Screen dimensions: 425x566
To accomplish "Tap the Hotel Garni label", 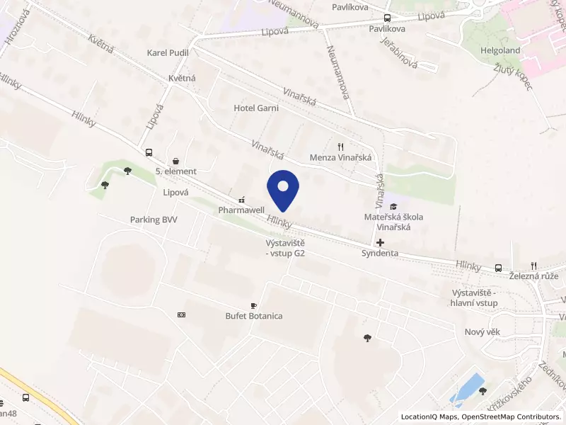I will pos(256,108).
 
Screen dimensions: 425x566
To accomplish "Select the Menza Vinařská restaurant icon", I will pos(341,146).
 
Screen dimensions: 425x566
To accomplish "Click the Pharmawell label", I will pos(241,210).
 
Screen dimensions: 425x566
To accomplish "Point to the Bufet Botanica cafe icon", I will pos(254,305).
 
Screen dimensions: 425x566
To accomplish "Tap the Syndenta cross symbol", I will pos(380,242).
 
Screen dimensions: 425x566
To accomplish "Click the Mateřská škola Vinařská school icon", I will pos(393,205).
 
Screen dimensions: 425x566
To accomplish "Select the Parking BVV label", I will pos(154,220).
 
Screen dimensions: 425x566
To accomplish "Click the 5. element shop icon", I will pos(175,161).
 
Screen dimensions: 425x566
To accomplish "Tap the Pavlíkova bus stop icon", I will pos(387,18).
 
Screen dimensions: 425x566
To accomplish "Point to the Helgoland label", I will pos(501,51).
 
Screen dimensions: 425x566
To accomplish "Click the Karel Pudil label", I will pos(168,52).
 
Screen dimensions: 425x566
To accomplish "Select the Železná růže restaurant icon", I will pos(534,266).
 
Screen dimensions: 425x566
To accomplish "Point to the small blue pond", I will pos(466,387).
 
